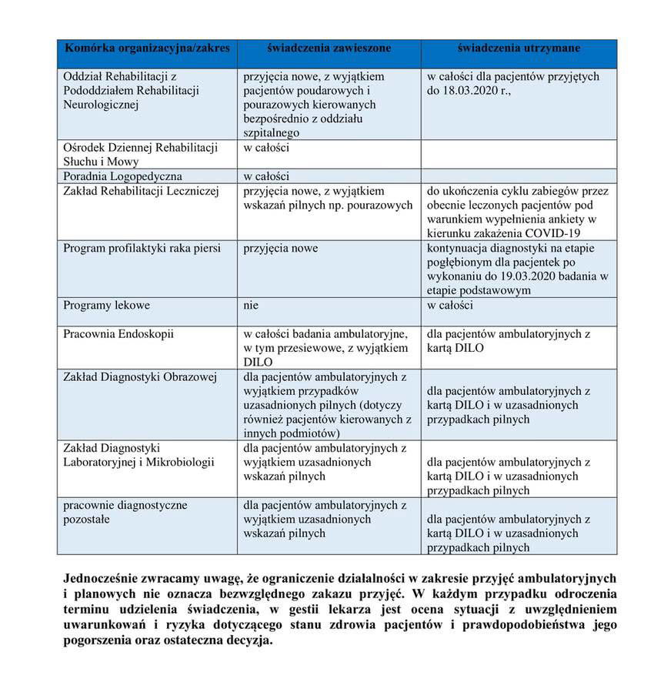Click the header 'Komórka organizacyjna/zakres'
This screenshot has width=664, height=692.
point(147,48)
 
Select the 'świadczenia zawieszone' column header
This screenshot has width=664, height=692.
point(329,48)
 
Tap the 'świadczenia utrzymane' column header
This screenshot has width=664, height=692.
point(519,48)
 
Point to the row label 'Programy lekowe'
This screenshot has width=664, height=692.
point(106,305)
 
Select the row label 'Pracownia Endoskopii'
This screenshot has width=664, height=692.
point(118,334)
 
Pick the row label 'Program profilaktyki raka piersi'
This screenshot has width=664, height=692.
point(142,248)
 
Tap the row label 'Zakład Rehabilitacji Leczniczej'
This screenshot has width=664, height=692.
point(142,190)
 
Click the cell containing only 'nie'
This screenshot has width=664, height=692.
point(252,305)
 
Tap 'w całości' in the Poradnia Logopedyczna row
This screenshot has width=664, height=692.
point(266,176)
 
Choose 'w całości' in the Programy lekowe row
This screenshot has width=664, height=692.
point(449,305)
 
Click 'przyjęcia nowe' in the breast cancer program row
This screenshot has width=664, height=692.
point(280,248)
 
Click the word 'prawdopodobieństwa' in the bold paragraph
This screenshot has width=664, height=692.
point(525,624)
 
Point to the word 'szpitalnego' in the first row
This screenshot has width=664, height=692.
point(272,133)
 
